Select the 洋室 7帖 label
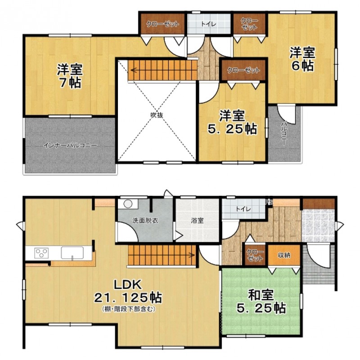click(70, 76)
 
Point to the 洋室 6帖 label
click(302, 59)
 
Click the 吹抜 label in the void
click(157, 115)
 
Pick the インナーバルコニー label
click(70, 145)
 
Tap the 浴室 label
click(197, 220)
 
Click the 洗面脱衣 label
click(145, 220)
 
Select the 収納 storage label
click(284, 255)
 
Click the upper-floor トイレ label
click(209, 24)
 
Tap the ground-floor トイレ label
click(243, 209)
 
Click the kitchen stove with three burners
click(41, 253)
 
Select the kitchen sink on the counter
click(72, 253)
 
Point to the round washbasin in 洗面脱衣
click(128, 204)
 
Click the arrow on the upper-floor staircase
click(134, 70)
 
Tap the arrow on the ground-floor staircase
click(191, 255)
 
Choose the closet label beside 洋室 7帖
click(162, 24)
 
